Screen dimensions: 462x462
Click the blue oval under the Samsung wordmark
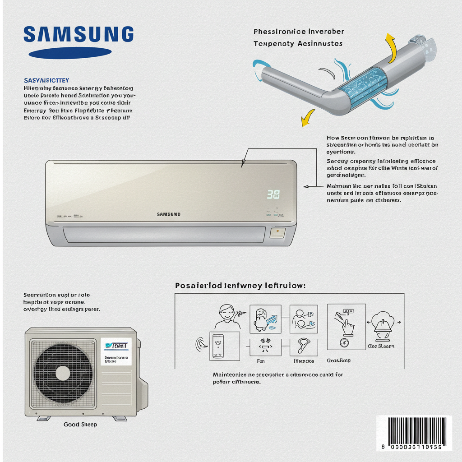click(69, 53)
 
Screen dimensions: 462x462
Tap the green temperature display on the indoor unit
click(273, 194)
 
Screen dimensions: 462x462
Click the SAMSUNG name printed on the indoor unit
click(169, 214)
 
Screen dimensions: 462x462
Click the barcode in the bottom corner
click(414, 432)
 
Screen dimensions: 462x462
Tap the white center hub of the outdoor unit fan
click(63, 373)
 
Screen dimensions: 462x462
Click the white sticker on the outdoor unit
click(115, 351)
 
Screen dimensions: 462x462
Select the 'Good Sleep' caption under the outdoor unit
click(80, 425)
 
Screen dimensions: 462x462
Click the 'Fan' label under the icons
click(260, 361)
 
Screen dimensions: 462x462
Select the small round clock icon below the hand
click(345, 342)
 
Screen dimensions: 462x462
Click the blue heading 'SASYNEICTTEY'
click(46, 80)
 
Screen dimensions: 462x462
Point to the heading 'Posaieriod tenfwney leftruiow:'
click(240, 286)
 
